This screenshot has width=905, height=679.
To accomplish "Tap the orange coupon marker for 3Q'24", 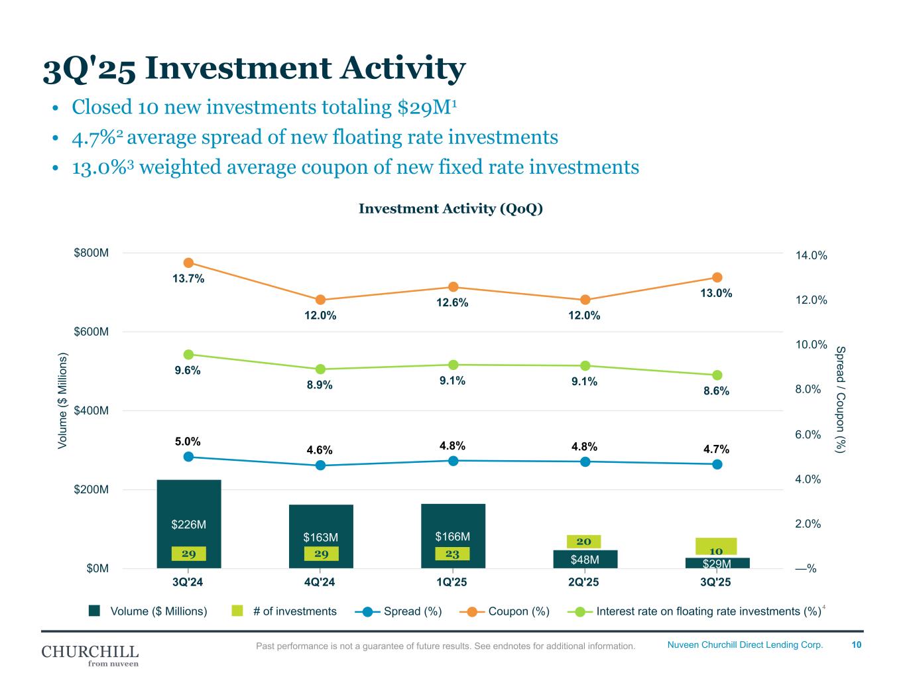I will pos(188,263).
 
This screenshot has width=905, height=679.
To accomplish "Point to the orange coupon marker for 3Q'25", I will pos(717,277).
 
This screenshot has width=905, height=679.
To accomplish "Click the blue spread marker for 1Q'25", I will pos(453,461).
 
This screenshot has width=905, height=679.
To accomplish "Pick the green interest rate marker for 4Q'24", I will pos(320,369).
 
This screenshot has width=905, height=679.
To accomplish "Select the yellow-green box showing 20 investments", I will pos(584,542).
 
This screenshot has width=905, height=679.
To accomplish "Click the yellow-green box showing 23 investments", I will pos(453,554).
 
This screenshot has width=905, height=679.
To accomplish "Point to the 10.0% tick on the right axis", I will pos(811,345).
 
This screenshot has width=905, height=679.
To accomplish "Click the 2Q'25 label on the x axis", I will pos(583,583).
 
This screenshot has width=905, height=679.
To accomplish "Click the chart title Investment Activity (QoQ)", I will pos(451,209).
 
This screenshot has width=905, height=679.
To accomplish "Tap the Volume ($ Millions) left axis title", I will pos(63,401).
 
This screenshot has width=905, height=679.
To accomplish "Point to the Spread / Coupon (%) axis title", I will pos(841,399).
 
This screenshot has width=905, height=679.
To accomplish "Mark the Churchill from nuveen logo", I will pos(90,654).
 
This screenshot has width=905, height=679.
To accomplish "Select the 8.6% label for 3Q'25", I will pos(716,391).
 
